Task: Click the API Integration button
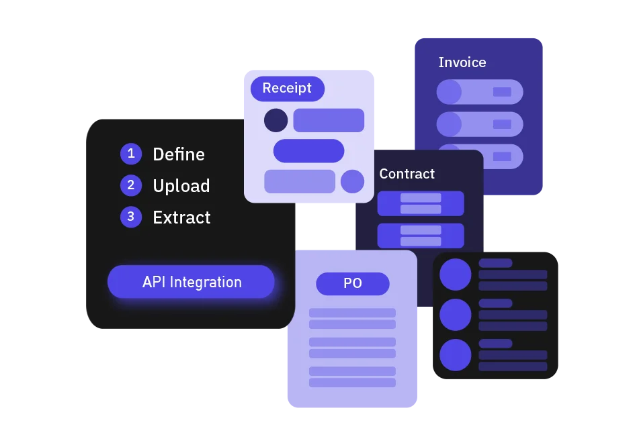tap(191, 282)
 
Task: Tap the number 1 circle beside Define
tap(131, 154)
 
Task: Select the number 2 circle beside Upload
tap(131, 185)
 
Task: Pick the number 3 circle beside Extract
tap(131, 217)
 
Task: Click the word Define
tap(179, 154)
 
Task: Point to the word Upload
tap(181, 186)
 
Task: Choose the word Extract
tap(181, 217)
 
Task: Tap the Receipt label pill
tap(287, 88)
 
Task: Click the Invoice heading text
tap(462, 62)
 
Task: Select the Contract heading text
tap(407, 174)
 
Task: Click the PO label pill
tap(353, 283)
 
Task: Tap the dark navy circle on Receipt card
tap(276, 120)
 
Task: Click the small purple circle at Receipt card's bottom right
tap(352, 181)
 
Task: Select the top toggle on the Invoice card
tap(480, 92)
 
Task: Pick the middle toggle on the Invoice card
tap(480, 124)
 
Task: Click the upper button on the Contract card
tap(421, 203)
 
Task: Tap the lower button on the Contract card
tap(421, 236)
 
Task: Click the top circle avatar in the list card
tap(455, 274)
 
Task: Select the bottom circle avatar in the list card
tap(455, 354)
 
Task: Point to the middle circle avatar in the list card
tap(455, 314)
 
